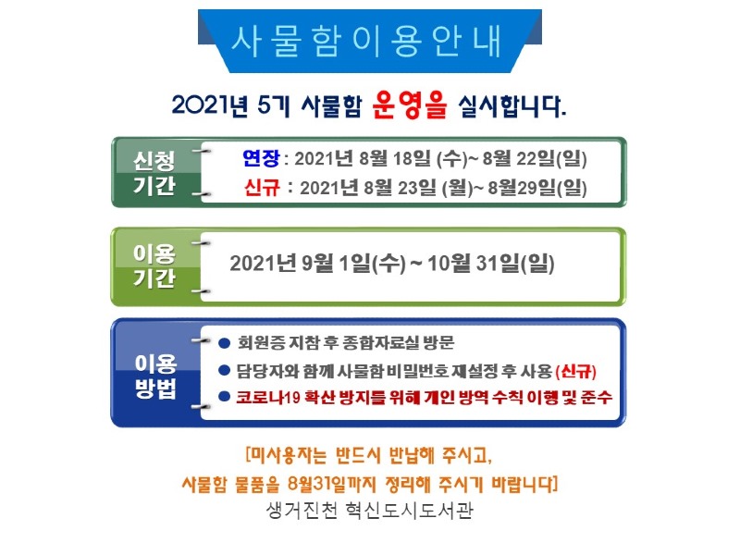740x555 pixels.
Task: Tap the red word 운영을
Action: (409, 104)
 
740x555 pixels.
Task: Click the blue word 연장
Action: (260, 157)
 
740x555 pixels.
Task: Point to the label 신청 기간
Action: (154, 172)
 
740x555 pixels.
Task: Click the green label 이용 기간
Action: (154, 265)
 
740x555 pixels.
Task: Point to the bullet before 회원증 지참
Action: (224, 341)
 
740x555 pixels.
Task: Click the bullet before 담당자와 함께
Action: (224, 370)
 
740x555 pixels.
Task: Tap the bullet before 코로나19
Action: (224, 396)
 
